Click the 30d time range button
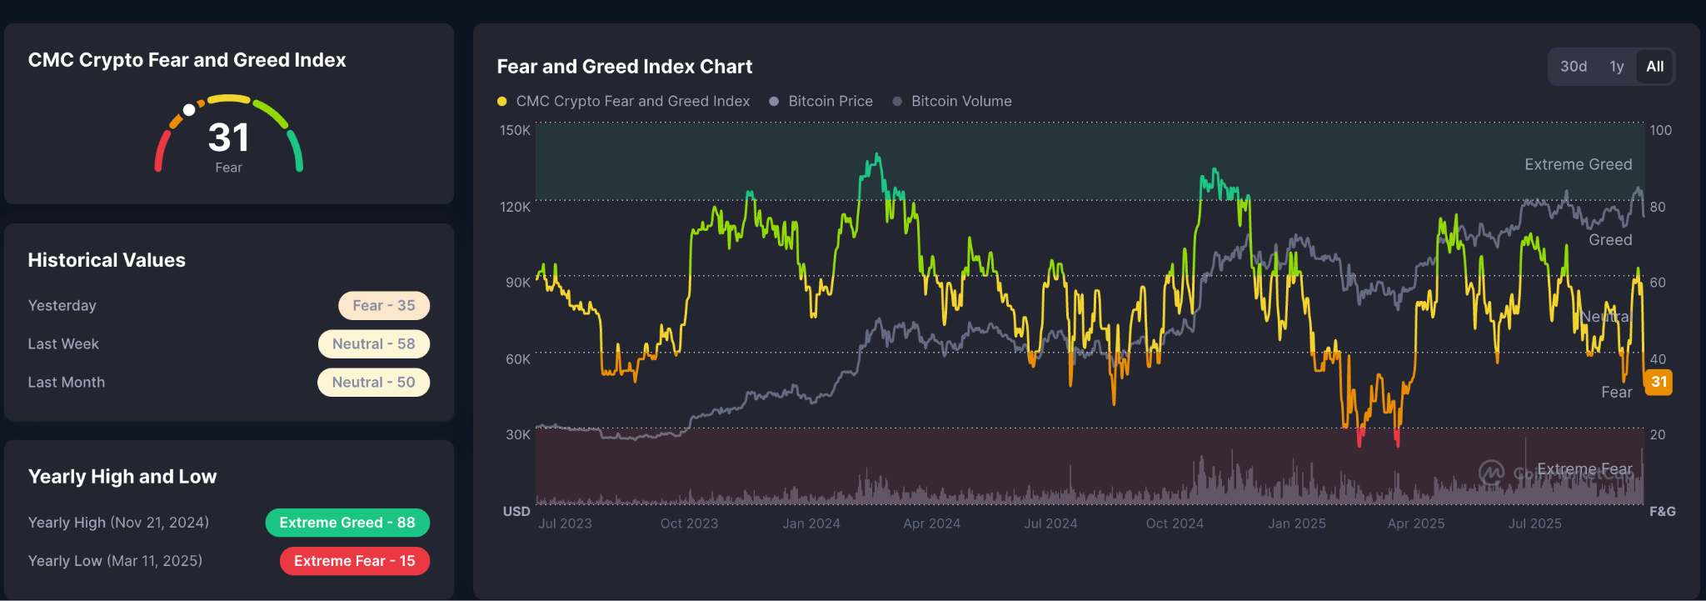[1573, 67]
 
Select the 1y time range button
[1616, 67]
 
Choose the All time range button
[1654, 67]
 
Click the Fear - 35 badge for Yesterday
[383, 305]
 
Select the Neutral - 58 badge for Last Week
[373, 343]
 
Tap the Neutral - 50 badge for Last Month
[373, 382]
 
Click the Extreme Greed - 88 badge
[347, 523]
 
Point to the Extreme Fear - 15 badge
[354, 561]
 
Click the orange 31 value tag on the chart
[1659, 382]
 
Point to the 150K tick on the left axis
[515, 130]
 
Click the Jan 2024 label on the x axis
[811, 523]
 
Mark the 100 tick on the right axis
[1660, 130]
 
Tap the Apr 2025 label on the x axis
[1415, 523]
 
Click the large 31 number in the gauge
[228, 138]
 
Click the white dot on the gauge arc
[189, 110]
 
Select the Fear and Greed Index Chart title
[624, 67]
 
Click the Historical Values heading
[107, 260]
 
